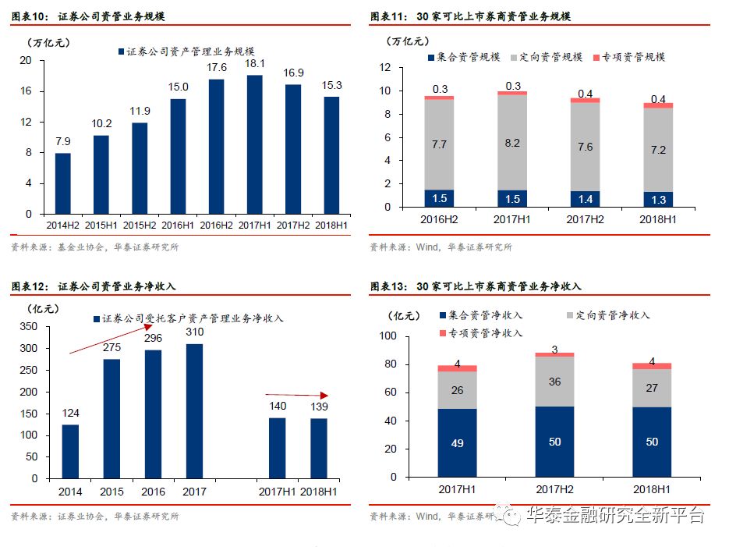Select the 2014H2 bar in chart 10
pyautogui.click(x=63, y=183)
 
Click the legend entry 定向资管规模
pyautogui.click(x=547, y=57)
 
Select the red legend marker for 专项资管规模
pyautogui.click(x=597, y=58)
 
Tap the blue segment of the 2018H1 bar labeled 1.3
pyautogui.click(x=658, y=200)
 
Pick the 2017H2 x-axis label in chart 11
pyautogui.click(x=586, y=220)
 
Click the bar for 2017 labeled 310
pyautogui.click(x=194, y=410)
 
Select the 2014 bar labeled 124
pyautogui.click(x=70, y=450)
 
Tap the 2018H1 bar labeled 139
pyautogui.click(x=319, y=449)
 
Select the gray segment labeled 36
pyautogui.click(x=554, y=382)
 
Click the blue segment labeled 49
pyautogui.click(x=457, y=442)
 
